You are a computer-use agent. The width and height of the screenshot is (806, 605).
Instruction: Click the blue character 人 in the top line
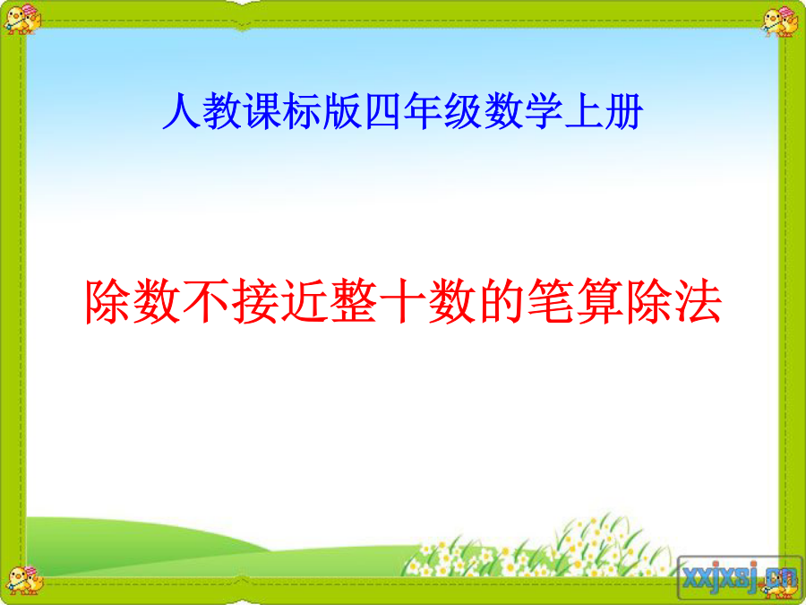click(182, 111)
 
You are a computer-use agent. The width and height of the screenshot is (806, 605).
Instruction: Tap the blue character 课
click(262, 111)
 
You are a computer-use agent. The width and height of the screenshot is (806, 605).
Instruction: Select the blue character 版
click(342, 111)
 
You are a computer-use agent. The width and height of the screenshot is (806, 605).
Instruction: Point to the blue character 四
click(382, 111)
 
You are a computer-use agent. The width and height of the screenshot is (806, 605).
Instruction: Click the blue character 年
click(423, 111)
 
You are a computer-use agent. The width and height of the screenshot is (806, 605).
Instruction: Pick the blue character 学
click(544, 111)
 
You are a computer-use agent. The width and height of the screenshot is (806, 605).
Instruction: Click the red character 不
click(207, 301)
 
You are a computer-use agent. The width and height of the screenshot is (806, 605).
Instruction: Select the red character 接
click(255, 301)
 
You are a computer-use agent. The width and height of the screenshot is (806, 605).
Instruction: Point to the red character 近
click(304, 301)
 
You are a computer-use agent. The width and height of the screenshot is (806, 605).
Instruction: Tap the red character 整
click(354, 301)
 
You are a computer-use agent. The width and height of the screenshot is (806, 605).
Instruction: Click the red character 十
click(403, 301)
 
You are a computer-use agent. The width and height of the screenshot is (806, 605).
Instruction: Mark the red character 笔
click(550, 301)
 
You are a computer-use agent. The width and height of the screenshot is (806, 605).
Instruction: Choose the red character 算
click(599, 301)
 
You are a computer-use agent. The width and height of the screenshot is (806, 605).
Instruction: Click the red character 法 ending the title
click(698, 301)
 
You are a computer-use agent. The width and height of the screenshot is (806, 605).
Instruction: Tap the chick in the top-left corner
click(21, 20)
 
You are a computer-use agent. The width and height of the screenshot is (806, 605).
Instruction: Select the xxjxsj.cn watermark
click(740, 577)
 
